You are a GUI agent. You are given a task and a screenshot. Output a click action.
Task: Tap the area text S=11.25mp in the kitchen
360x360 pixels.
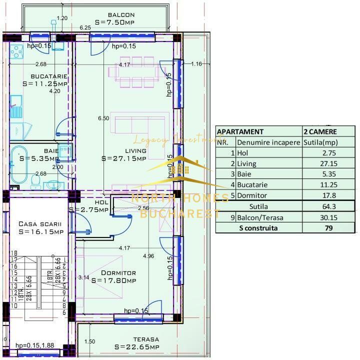point(45,83)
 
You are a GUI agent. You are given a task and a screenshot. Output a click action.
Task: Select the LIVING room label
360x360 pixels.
point(135,150)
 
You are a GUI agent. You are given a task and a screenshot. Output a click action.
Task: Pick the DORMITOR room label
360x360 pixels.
point(118,273)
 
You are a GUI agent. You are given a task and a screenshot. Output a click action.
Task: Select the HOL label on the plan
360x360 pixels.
point(102,202)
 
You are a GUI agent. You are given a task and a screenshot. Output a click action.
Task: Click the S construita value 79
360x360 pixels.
point(328,227)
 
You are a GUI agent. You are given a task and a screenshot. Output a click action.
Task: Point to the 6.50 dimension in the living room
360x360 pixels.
point(103,118)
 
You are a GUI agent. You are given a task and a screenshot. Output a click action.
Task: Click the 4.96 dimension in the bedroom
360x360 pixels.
point(148,256)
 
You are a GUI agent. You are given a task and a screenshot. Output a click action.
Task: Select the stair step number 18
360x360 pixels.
point(14,253)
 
